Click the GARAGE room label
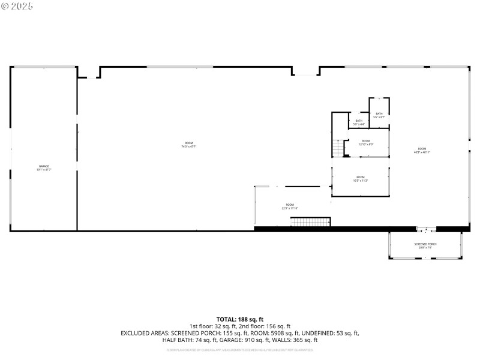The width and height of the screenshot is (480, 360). point(44,167)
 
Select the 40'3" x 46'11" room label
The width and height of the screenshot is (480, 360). point(422,150)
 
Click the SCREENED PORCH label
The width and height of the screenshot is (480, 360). point(425,245)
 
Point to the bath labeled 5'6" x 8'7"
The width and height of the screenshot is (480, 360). point(379,115)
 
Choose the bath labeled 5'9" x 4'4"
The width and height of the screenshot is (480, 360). point(359,122)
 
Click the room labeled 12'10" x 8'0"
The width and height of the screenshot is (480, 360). point(365,142)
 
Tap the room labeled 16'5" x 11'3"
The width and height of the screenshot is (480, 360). point(360,178)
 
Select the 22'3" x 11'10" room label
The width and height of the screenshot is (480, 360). point(290,206)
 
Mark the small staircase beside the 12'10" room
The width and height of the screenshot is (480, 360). point(340,148)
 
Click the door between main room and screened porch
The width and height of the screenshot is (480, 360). point(427,229)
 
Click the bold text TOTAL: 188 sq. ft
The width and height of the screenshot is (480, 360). point(240,319)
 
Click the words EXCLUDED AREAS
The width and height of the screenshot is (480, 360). point(145,333)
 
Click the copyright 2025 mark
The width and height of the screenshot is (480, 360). point(17,6)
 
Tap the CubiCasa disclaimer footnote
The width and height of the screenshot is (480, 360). point(240,349)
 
